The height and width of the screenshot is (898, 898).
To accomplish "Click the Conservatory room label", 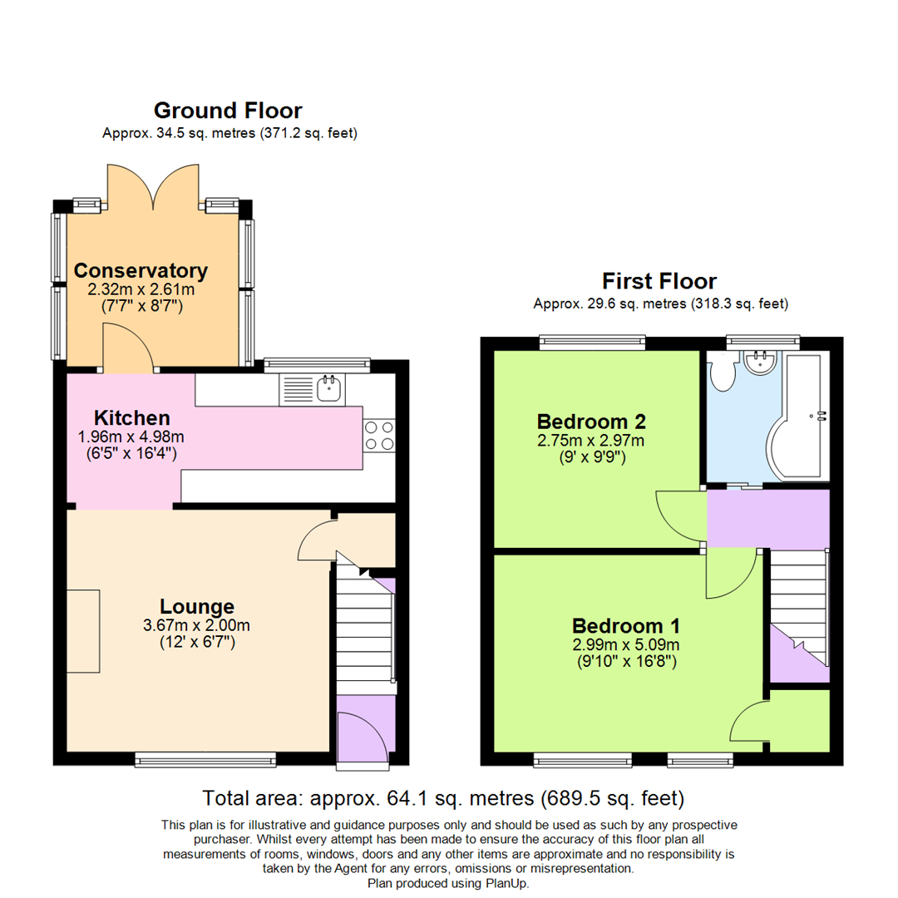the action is click(x=141, y=271).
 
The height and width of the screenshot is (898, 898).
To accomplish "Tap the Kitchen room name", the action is click(x=131, y=417).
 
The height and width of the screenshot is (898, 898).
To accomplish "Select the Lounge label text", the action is click(x=197, y=606).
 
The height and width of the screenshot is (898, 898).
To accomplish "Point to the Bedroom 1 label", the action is click(x=626, y=626).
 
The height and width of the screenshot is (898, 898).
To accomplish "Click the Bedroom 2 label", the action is click(x=591, y=422).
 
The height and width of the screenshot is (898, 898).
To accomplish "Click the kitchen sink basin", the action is click(x=328, y=388).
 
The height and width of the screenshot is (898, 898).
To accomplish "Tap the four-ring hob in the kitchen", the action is click(x=379, y=436).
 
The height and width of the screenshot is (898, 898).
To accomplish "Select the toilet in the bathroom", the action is click(x=723, y=373).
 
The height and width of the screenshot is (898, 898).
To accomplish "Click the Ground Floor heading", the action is click(x=228, y=111).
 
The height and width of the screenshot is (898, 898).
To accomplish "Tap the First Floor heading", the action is click(x=659, y=281).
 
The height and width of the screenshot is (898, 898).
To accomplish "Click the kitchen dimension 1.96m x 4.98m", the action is click(x=131, y=437).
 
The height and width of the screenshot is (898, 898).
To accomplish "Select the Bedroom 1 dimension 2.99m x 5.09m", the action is click(x=626, y=645).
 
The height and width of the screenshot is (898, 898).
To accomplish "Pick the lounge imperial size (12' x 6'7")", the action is click(x=197, y=642).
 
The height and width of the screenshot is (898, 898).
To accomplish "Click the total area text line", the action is click(x=443, y=798).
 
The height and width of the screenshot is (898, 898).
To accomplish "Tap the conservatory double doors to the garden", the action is click(x=154, y=186).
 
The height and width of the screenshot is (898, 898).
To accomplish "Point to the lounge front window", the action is click(x=205, y=760).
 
